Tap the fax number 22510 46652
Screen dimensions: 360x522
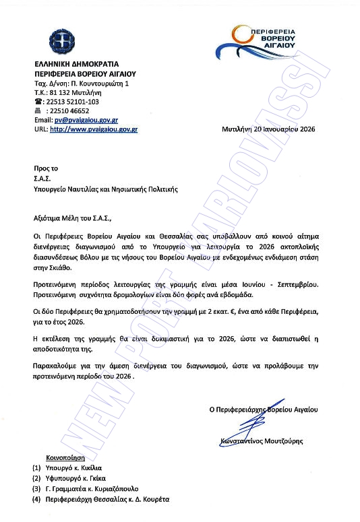tap(67, 110)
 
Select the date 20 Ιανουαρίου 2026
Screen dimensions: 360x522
tap(283, 128)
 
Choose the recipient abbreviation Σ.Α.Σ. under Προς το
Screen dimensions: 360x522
tap(42, 179)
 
